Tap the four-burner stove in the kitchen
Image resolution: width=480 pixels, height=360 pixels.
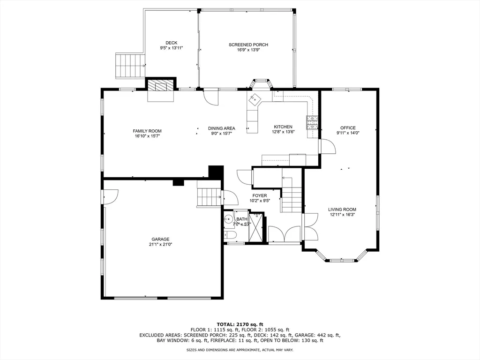[312, 123]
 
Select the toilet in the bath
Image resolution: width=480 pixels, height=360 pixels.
[230, 236]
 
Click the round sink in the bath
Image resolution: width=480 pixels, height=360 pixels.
[229, 218]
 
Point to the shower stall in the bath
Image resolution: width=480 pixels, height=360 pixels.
[256, 227]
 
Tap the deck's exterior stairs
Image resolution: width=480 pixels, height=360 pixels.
[130, 66]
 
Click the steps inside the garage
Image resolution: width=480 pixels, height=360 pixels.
[209, 196]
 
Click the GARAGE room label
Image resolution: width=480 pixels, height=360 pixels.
[160, 239]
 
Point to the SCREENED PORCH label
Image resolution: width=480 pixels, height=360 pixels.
[248, 45]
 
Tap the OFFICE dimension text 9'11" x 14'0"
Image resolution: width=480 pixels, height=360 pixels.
[348, 133]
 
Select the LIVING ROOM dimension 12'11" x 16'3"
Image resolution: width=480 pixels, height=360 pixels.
[342, 215]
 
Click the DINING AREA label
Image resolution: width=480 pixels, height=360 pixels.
[222, 128]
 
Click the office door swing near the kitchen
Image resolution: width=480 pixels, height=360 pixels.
[327, 146]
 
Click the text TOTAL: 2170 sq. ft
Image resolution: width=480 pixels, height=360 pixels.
[240, 324]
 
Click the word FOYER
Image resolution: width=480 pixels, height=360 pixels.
[260, 195]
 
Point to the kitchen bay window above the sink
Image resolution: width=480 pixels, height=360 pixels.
[261, 82]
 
